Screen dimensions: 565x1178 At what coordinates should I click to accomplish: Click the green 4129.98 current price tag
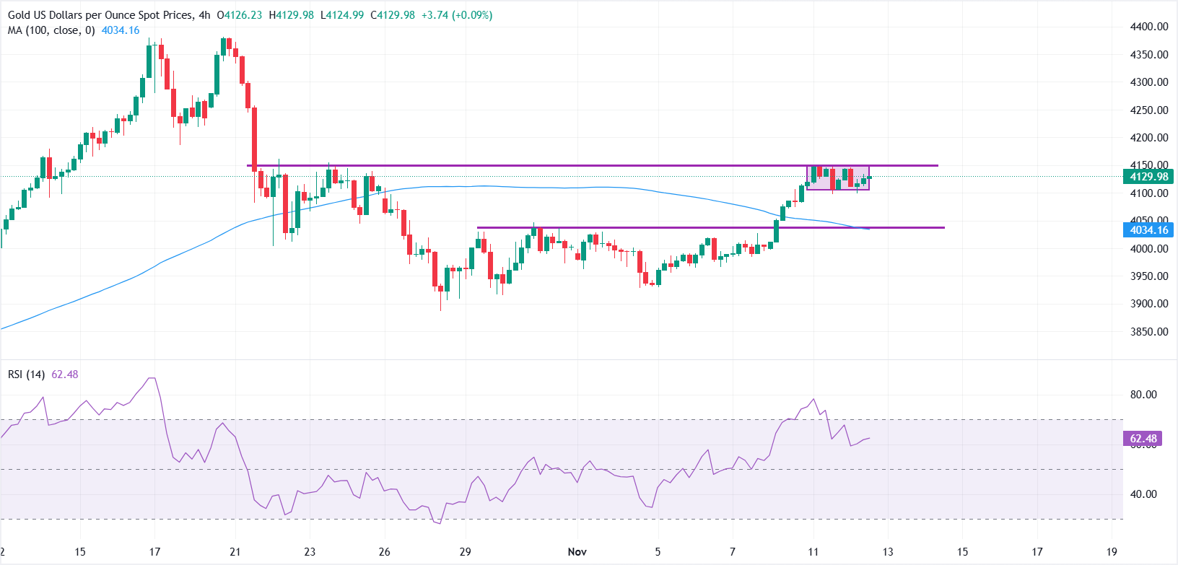tap(1148, 177)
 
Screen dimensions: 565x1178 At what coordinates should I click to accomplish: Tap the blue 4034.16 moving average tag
tap(1148, 230)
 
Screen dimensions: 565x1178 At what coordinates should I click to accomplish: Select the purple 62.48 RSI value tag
tap(1143, 439)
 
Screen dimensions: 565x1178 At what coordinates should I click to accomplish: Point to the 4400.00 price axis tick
tap(1149, 27)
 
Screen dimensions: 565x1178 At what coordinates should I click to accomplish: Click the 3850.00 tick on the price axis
tap(1149, 332)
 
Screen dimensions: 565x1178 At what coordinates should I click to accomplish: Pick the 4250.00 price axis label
tap(1149, 110)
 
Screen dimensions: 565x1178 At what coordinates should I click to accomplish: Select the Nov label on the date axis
tap(577, 552)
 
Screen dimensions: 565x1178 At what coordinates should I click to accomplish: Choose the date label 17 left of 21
tap(154, 552)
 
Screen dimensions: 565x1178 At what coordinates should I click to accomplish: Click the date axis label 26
tap(385, 552)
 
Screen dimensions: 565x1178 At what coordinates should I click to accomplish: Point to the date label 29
tap(466, 552)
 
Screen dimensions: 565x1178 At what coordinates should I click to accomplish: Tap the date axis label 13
tap(888, 552)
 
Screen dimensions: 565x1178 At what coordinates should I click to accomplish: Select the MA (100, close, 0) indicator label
tap(51, 30)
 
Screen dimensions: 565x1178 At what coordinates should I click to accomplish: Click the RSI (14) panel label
tap(27, 375)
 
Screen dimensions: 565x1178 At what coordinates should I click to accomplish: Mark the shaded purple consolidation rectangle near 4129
tap(838, 178)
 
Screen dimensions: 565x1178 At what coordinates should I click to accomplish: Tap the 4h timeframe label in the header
tap(204, 15)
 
